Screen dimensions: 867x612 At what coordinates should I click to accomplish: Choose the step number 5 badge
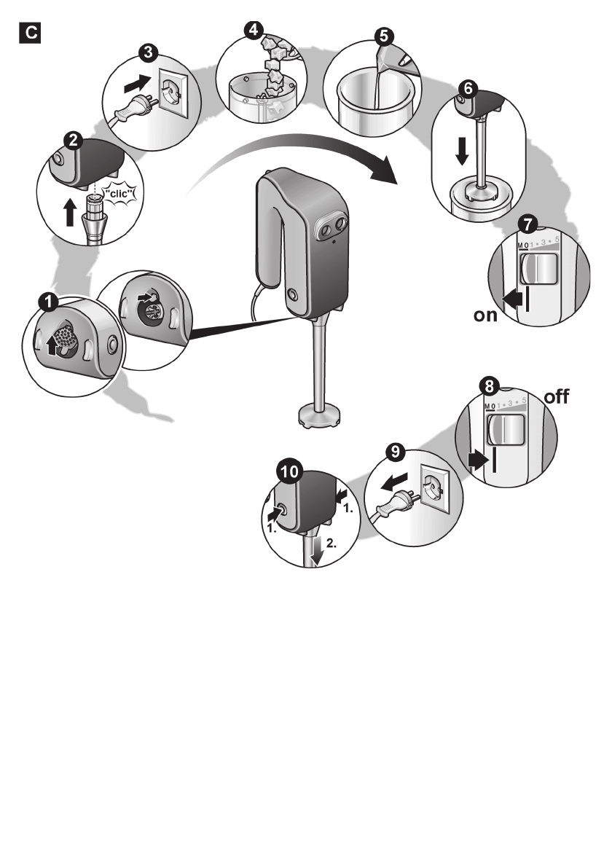[383, 35]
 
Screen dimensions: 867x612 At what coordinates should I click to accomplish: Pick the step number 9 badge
[396, 451]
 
